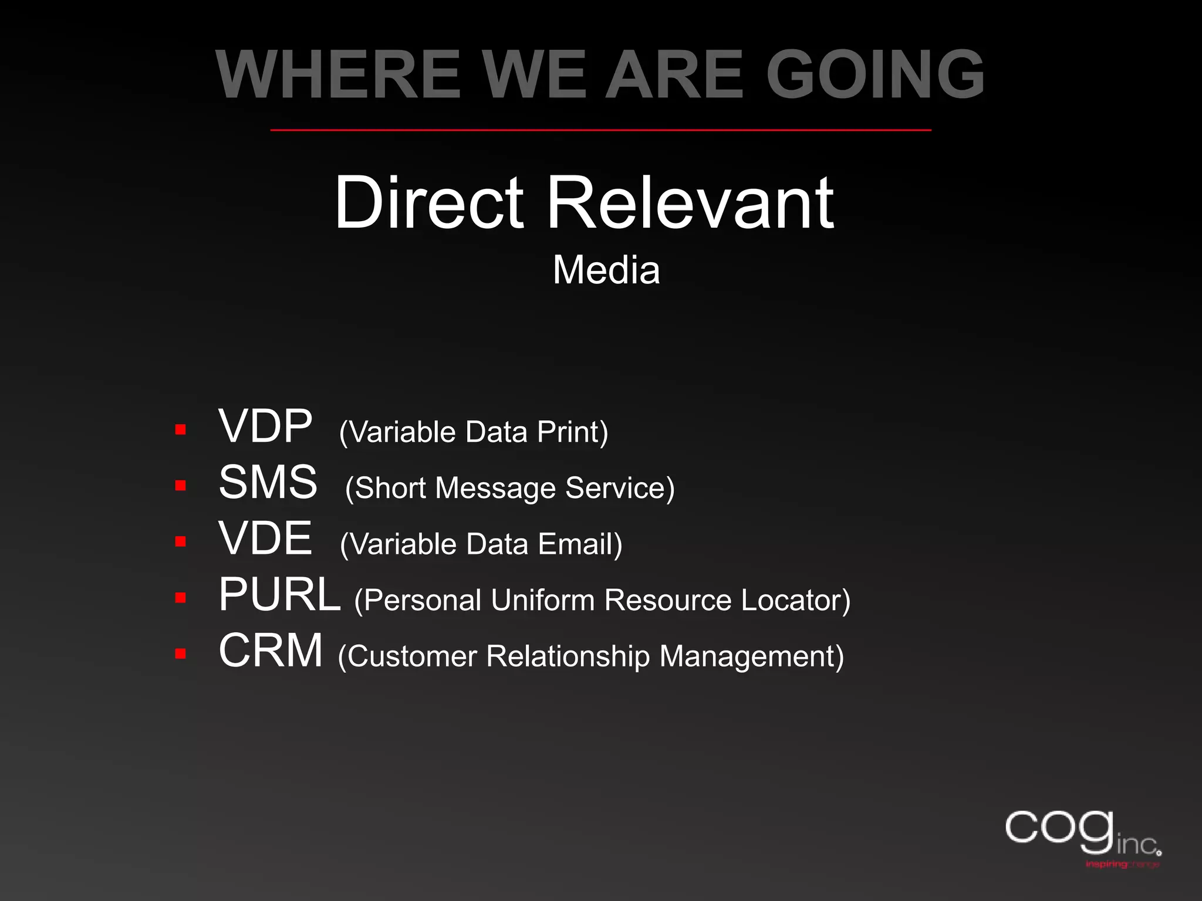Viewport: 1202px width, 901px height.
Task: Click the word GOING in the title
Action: (875, 74)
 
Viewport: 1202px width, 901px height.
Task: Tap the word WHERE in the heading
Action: (338, 74)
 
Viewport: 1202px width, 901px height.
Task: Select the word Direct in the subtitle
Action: (428, 202)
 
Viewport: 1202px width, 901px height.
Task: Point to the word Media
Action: (606, 270)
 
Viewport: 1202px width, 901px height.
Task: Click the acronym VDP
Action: (265, 426)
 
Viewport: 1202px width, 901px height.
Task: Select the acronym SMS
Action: (268, 482)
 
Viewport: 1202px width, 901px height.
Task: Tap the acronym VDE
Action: (265, 538)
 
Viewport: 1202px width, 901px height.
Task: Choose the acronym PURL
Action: (279, 595)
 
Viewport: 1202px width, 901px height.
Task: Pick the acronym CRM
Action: (271, 651)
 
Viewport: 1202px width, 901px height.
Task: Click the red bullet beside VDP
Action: (181, 430)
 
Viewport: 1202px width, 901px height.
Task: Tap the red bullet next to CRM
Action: (181, 654)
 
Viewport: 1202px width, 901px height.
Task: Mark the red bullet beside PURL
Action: (181, 598)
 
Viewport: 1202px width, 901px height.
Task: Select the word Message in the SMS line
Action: (495, 488)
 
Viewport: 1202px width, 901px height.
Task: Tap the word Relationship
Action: (568, 656)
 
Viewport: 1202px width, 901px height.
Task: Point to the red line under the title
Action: (600, 130)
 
